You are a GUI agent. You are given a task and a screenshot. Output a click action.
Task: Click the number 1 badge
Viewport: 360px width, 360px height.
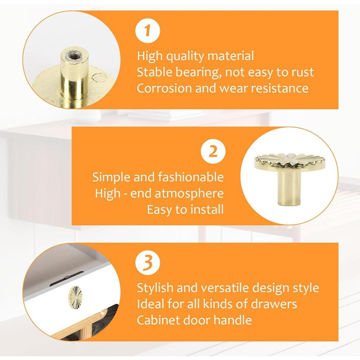(148, 31)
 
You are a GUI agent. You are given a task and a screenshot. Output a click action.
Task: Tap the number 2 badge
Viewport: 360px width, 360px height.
(213, 152)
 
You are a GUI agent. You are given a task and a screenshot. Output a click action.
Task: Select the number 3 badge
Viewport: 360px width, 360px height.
(148, 263)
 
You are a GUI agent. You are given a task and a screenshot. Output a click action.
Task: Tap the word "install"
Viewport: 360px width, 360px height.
(207, 210)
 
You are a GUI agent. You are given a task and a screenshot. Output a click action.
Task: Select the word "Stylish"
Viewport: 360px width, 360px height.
(155, 288)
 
